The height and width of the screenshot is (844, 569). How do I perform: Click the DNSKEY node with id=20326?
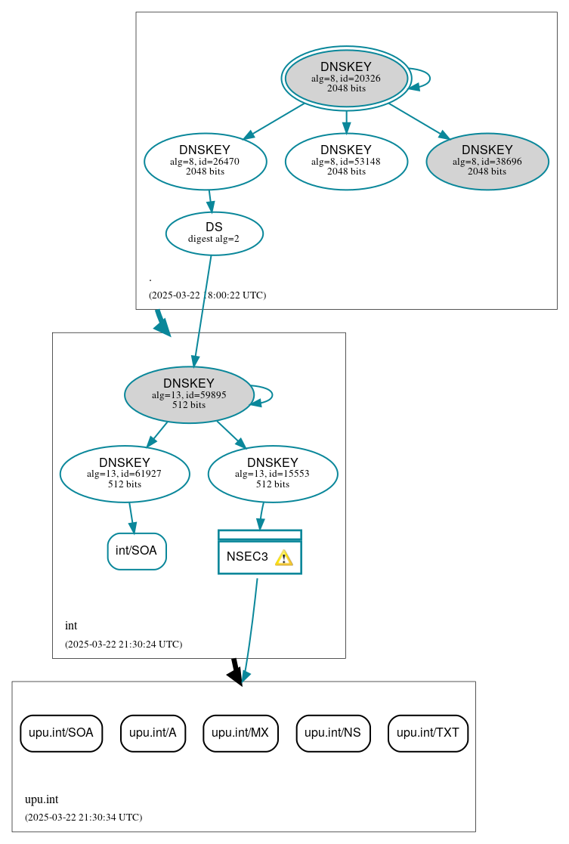[346, 78]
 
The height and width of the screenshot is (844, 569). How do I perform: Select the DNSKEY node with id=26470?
[205, 161]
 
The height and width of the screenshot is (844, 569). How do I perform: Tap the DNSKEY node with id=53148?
[346, 161]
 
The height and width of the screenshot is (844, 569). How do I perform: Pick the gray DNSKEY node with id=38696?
[487, 161]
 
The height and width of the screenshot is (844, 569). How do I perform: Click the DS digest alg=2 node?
[214, 233]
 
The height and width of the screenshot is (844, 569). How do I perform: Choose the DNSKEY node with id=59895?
[189, 394]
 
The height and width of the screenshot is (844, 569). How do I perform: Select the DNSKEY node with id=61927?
[125, 474]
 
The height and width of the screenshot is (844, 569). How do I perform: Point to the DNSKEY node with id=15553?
[273, 474]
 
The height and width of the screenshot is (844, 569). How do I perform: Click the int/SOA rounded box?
[137, 551]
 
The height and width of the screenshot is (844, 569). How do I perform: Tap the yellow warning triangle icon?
[283, 558]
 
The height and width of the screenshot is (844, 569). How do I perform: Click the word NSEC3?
[247, 557]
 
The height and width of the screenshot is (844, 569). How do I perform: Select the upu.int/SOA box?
[61, 733]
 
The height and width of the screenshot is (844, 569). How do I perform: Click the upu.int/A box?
[153, 733]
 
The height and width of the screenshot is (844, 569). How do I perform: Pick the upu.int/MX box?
[240, 733]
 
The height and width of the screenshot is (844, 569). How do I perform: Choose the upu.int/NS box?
[333, 733]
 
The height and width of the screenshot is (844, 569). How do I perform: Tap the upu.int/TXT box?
[428, 733]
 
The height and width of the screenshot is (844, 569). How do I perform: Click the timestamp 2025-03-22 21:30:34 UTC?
[83, 817]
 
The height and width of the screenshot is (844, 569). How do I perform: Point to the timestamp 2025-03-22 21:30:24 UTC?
[123, 645]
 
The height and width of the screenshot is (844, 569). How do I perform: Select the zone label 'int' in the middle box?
[71, 626]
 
